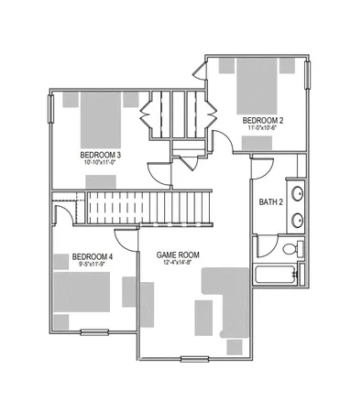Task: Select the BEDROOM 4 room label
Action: (92, 255)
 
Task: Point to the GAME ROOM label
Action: (178, 255)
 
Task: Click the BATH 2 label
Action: (270, 202)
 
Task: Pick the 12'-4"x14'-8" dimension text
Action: (178, 264)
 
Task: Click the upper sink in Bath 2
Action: (298, 193)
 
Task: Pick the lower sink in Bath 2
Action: (298, 220)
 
